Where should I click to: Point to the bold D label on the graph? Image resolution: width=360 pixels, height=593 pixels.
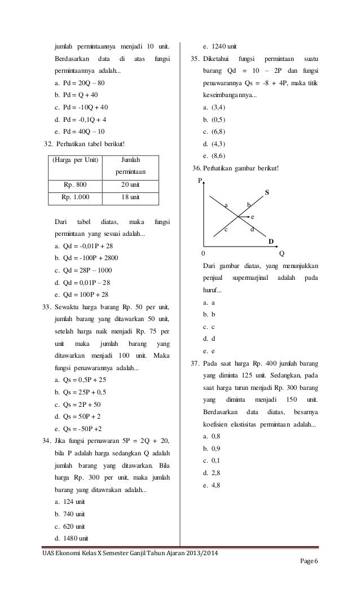270,241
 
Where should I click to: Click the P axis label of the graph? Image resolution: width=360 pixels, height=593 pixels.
199,181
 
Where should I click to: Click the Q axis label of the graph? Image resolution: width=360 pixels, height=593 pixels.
282,253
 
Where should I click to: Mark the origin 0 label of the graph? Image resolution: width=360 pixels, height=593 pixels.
204,253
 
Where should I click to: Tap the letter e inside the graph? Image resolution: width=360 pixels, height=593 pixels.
252,217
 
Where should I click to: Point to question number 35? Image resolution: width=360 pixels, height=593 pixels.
193,59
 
